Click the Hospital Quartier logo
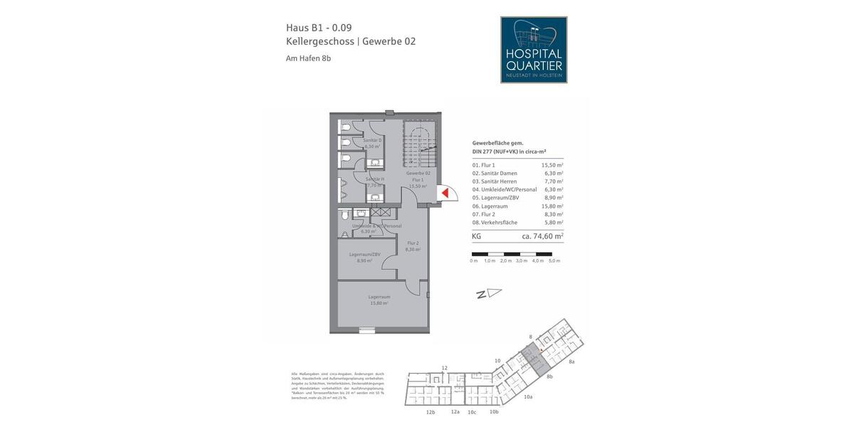pyautogui.click(x=534, y=50)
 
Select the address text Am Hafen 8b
pyautogui.click(x=308, y=58)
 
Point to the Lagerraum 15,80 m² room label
pyautogui.click(x=379, y=300)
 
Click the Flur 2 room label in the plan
pyautogui.click(x=412, y=246)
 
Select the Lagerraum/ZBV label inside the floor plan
pyautogui.click(x=364, y=257)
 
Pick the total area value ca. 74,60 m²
pyautogui.click(x=542, y=236)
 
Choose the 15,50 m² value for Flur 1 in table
pyautogui.click(x=552, y=165)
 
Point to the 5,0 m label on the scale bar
pyautogui.click(x=554, y=261)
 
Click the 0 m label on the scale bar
pyautogui.click(x=474, y=261)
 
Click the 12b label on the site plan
pyautogui.click(x=430, y=412)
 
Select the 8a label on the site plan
pyautogui.click(x=571, y=362)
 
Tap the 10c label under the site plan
pyautogui.click(x=472, y=412)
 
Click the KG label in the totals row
pyautogui.click(x=476, y=236)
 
